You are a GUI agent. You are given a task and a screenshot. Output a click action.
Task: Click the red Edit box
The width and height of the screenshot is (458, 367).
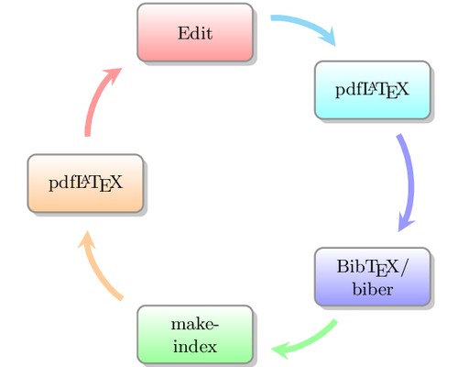tap(195, 33)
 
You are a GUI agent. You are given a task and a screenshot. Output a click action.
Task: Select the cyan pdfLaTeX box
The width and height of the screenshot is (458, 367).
tap(372, 90)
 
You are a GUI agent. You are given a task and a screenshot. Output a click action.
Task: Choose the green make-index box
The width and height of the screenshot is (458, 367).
tap(194, 335)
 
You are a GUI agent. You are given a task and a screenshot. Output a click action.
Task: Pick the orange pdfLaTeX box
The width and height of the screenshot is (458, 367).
tap(84, 182)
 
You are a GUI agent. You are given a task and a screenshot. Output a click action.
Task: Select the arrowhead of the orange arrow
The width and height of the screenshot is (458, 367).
tap(86, 242)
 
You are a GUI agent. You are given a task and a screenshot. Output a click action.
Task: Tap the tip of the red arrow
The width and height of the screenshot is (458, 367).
tap(117, 72)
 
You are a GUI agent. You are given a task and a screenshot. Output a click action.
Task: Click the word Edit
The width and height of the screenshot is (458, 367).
tap(195, 34)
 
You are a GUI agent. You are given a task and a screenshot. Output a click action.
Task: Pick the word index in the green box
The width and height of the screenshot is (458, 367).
tap(194, 347)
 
